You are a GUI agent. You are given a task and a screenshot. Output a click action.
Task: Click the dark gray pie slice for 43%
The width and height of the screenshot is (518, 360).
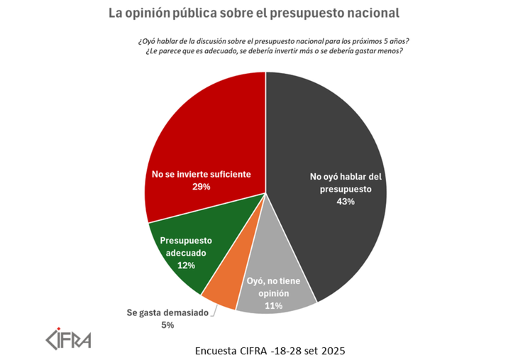pyautogui.click(x=334, y=142)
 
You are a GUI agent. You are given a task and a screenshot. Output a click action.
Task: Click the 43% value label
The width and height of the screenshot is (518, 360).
pyautogui.click(x=345, y=202)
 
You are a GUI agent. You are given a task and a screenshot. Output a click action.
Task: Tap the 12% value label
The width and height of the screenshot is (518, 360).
pyautogui.click(x=186, y=265)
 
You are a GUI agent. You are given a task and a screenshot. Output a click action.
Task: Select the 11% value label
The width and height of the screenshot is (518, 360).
pyautogui.click(x=273, y=306)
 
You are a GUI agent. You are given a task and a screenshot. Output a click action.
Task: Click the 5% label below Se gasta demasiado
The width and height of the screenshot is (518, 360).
pyautogui.click(x=167, y=324)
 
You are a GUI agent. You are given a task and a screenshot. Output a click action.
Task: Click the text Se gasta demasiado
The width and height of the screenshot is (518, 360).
pyautogui.click(x=167, y=312)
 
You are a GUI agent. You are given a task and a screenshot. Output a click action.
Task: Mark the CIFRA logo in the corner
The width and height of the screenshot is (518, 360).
pyautogui.click(x=67, y=339)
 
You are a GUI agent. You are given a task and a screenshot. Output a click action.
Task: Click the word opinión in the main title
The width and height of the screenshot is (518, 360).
pyautogui.click(x=151, y=13)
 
